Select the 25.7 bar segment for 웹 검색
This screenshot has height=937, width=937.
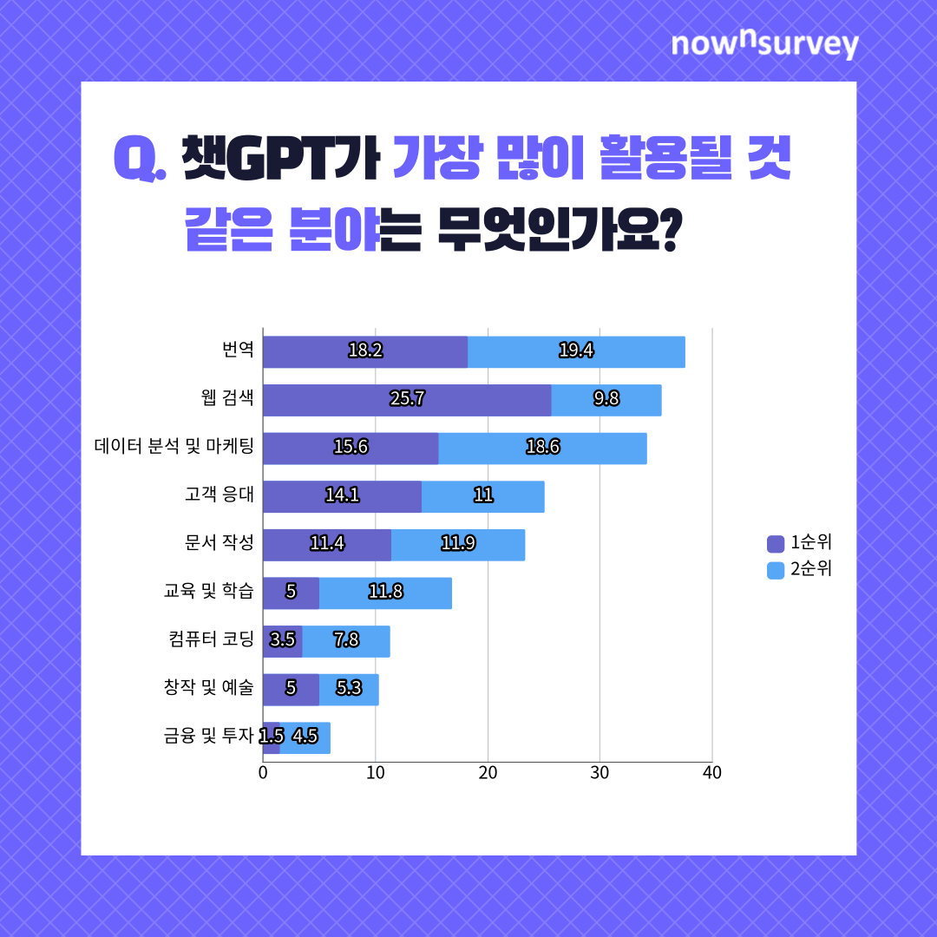(407, 400)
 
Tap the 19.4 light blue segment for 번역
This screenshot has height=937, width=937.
(576, 351)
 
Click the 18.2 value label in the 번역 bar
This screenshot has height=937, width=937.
(365, 351)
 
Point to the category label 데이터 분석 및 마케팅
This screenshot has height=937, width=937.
(174, 448)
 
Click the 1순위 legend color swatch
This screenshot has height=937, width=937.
(775, 544)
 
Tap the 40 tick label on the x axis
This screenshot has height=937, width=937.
(711, 772)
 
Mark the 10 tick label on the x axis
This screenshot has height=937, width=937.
(375, 772)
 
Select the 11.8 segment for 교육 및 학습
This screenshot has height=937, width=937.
(385, 593)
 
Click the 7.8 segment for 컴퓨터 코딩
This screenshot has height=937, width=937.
(346, 641)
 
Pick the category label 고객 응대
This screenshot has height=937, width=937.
(220, 495)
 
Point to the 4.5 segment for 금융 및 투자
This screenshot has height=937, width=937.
(305, 737)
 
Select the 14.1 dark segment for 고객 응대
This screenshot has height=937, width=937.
(342, 496)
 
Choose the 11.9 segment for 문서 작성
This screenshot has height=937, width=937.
(457, 545)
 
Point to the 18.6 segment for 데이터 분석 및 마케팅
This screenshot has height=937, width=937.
(542, 448)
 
